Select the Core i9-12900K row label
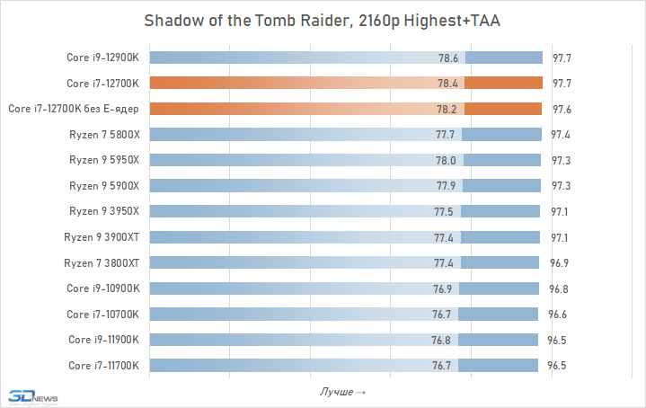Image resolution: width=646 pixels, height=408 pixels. point(102,58)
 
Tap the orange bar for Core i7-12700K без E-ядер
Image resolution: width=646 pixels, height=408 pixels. point(346,109)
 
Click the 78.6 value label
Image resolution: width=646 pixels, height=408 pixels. point(447,58)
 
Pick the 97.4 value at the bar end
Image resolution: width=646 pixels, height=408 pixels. point(562,135)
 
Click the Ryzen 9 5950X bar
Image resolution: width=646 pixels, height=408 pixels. point(346,160)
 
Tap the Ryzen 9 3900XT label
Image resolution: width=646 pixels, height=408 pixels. point(102,237)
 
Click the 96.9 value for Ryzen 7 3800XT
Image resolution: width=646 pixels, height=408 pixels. point(560,263)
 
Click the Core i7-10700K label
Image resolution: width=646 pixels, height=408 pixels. point(103,315)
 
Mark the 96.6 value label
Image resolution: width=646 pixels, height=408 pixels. point(558,315)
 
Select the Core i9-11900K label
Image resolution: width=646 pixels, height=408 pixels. point(104,340)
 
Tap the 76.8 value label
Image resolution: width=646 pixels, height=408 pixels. point(443,340)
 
